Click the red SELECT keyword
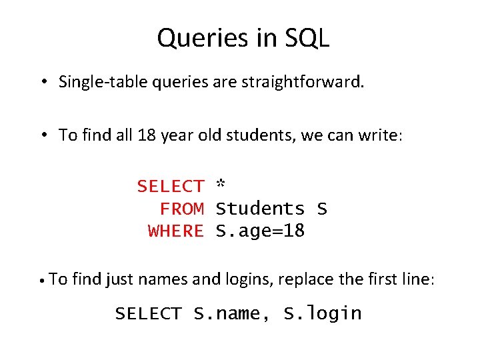171,187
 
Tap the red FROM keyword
181,209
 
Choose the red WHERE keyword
176,231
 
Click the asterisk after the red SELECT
221,185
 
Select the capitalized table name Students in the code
261,209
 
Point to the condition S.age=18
261,231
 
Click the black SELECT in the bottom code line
148,313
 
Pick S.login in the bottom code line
323,313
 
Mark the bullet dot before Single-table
42,83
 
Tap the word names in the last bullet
163,279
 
